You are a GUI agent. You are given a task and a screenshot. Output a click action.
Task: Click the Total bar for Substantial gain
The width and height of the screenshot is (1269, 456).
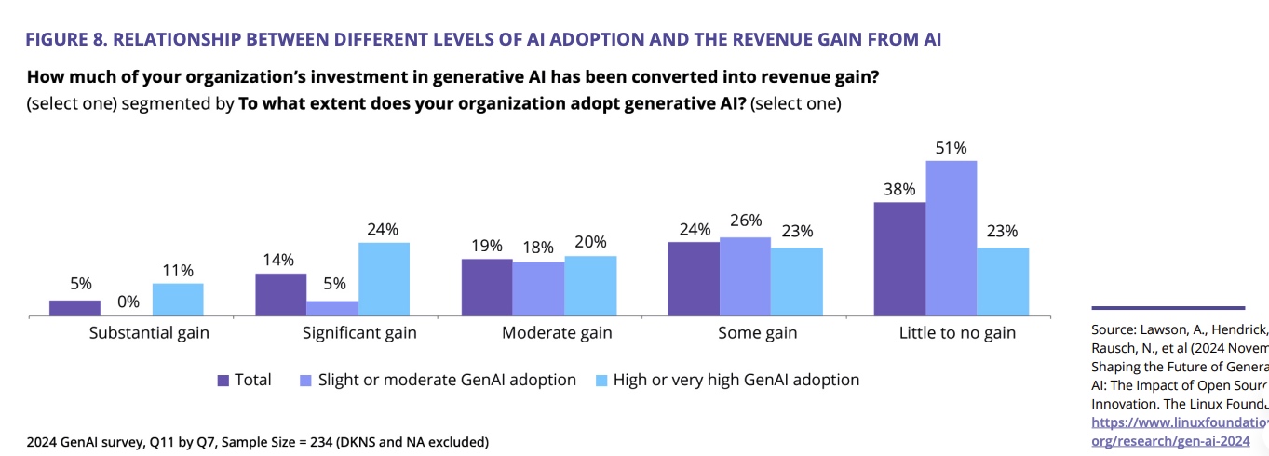point(74,308)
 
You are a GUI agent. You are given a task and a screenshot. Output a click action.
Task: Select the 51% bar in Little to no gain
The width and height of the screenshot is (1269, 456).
point(951,238)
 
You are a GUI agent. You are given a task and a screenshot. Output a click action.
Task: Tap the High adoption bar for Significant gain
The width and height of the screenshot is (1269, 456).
point(384,279)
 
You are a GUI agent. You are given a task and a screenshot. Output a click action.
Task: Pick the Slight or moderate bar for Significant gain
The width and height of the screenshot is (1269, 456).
point(332,309)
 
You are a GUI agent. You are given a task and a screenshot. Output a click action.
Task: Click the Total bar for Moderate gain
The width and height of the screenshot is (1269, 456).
point(487,288)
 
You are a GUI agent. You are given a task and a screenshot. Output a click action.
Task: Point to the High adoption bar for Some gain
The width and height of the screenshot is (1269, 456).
point(796,282)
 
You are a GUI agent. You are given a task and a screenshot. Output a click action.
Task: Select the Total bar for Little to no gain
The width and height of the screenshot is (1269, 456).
point(899,259)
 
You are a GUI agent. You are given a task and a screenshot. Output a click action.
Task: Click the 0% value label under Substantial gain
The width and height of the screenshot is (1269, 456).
point(127,302)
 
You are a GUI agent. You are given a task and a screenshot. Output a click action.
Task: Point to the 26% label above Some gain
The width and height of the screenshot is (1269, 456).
point(746,221)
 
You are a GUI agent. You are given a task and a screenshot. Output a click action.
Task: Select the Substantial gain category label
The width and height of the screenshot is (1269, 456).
point(149,332)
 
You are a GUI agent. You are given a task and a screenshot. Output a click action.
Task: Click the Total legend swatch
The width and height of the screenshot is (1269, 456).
point(223,380)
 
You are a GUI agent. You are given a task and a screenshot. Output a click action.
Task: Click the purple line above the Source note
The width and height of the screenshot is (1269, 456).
point(1168,307)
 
